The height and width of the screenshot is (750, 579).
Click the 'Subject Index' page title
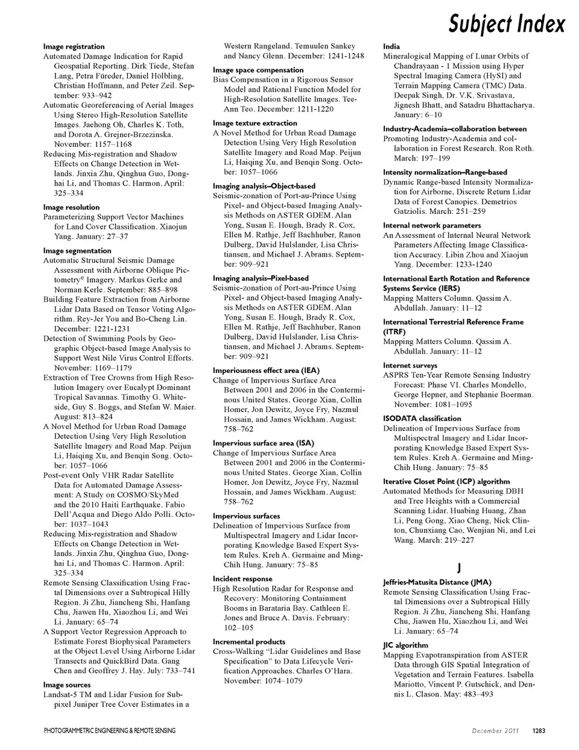click(507, 24)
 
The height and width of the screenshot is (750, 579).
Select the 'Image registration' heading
click(74, 46)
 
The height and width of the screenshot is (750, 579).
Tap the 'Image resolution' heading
click(71, 207)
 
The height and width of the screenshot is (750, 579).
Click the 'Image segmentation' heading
click(77, 251)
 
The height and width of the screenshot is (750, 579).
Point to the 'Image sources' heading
click(67, 685)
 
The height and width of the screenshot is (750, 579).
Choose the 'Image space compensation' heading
click(258, 70)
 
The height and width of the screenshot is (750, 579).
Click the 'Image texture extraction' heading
click(255, 123)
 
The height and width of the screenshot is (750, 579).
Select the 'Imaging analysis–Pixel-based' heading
click(261, 278)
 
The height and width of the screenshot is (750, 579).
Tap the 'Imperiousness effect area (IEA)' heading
click(266, 370)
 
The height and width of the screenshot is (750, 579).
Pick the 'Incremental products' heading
click(249, 642)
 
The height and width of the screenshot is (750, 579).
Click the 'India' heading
click(391, 46)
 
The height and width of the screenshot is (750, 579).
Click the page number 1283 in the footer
click(539, 731)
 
